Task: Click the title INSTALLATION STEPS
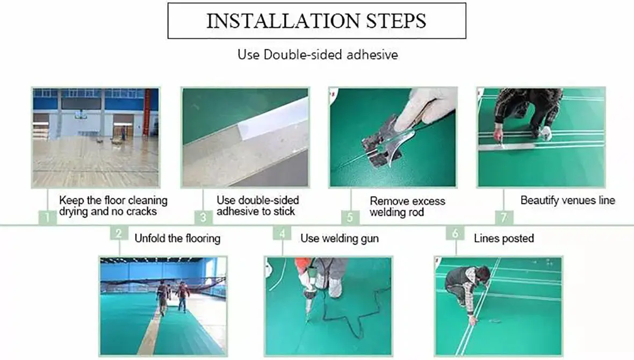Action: pos(316,20)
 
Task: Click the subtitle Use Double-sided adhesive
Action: pos(318,54)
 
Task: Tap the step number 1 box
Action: pos(47,218)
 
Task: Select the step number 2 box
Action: pos(119,233)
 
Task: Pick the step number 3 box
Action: pos(203,218)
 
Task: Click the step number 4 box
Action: pos(282,233)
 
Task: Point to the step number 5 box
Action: pos(350,218)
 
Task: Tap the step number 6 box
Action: pos(455,233)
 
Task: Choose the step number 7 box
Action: pos(504,218)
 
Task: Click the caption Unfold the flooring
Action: pos(177,238)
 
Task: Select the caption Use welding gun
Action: pos(339,238)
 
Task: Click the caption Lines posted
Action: pos(503,238)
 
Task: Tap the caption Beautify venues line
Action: pos(567,200)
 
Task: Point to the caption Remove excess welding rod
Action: pos(407,206)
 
